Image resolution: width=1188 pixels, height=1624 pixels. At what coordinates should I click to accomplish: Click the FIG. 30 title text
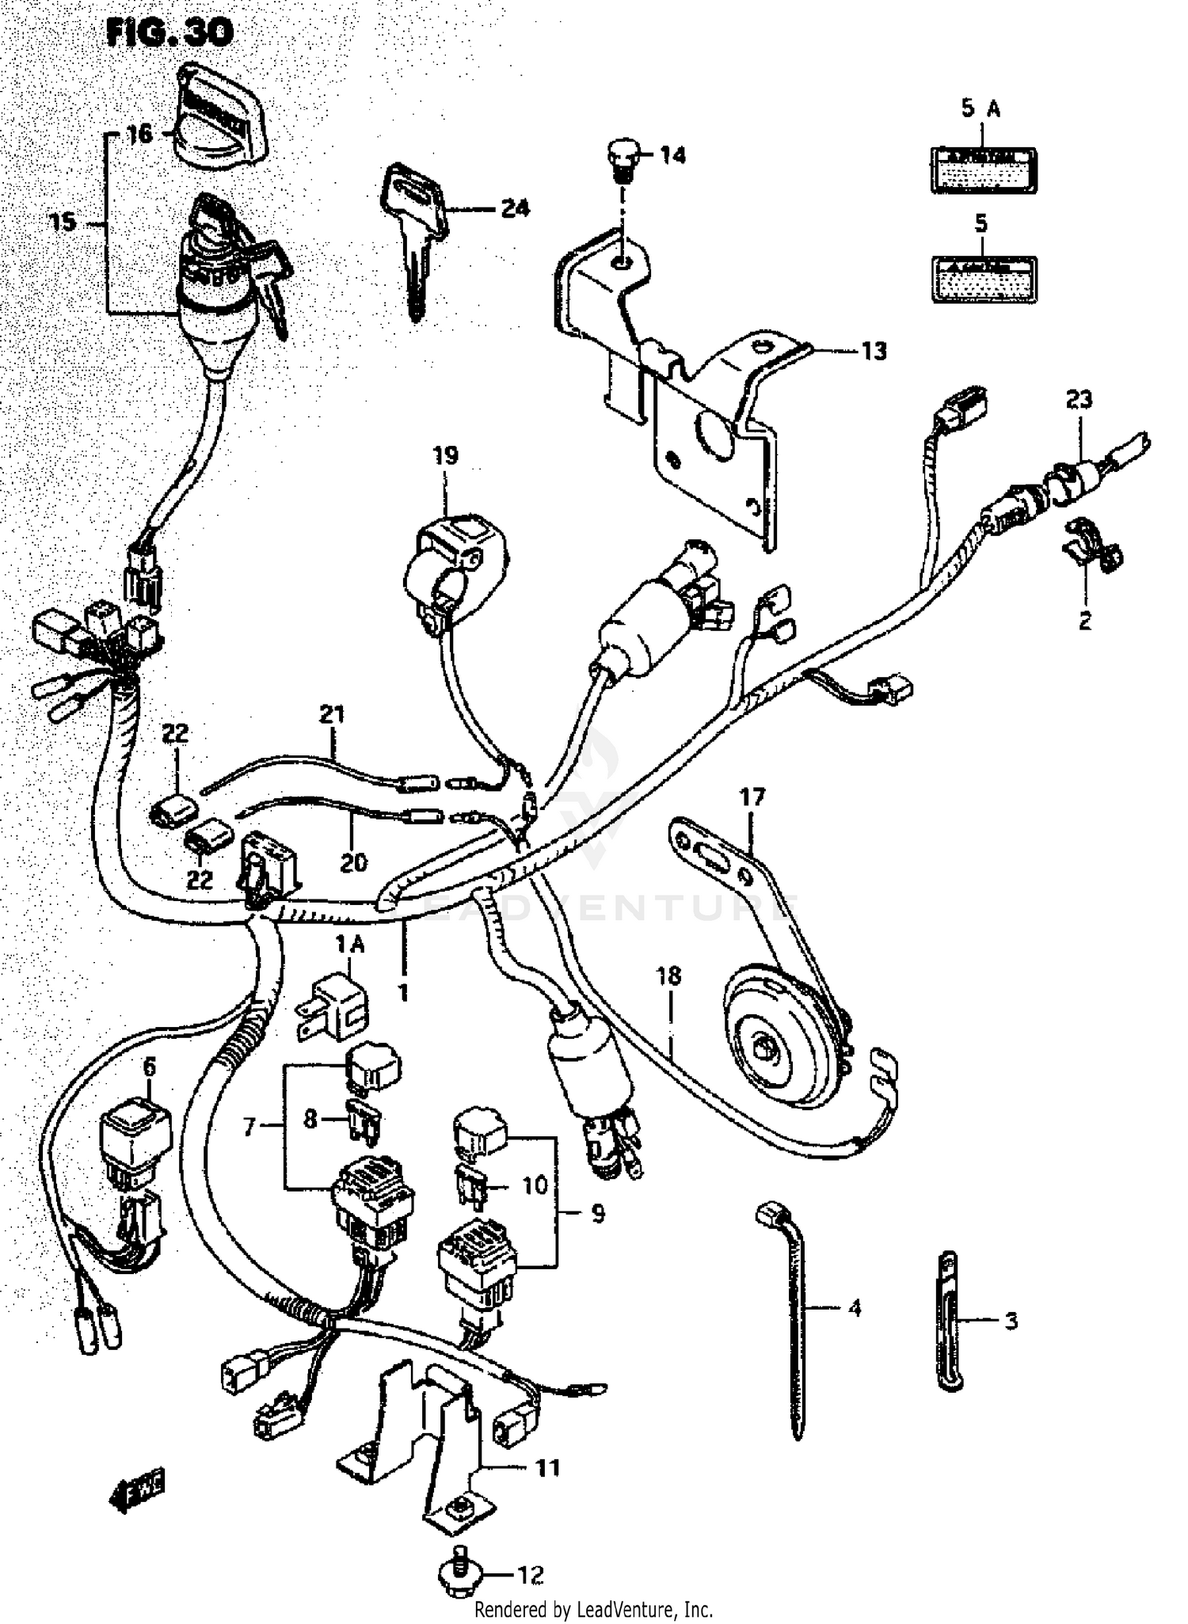pyautogui.click(x=169, y=32)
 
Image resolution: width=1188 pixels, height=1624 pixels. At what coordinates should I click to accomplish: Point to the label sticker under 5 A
pyautogui.click(x=983, y=169)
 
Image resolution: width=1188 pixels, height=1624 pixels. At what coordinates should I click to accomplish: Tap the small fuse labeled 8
pyautogui.click(x=364, y=1120)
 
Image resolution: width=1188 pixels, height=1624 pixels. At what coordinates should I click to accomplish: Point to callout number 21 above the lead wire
pyautogui.click(x=332, y=714)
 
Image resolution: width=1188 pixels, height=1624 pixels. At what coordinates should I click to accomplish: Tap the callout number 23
pyautogui.click(x=1079, y=400)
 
